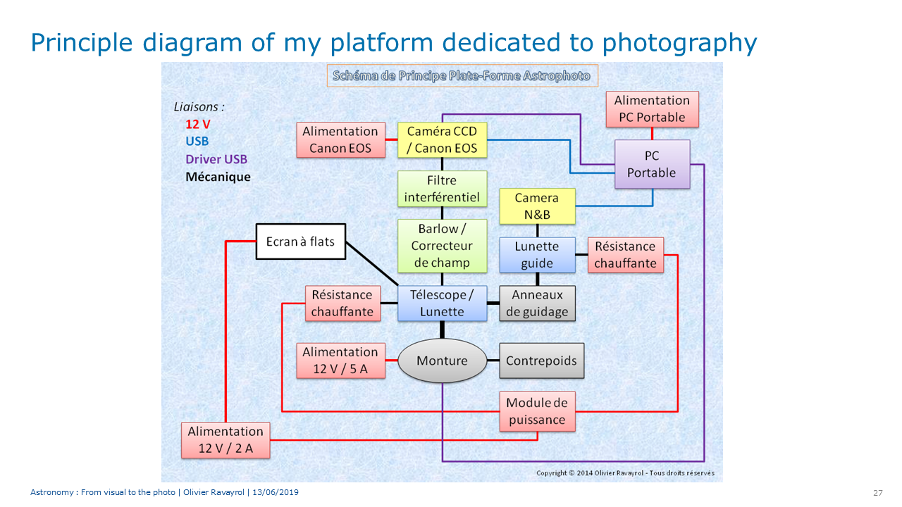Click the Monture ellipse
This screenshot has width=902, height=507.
point(442,361)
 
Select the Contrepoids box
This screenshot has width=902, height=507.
point(542,361)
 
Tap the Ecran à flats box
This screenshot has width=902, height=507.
point(301,242)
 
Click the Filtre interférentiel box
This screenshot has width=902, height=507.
point(442,189)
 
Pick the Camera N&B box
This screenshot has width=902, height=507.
point(537,206)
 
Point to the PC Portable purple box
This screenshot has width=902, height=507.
point(652,164)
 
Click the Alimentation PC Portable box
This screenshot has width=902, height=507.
point(652,109)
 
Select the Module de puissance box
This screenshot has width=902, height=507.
point(537,411)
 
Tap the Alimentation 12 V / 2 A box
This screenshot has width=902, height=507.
point(225,440)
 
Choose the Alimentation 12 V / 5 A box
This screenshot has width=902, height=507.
point(340,361)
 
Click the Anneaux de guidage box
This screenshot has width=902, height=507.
point(537,303)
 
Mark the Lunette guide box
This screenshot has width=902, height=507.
point(537,255)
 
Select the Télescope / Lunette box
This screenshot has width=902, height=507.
point(442,303)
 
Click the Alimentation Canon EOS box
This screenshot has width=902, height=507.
point(340,139)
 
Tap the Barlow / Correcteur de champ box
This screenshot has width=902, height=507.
point(442,246)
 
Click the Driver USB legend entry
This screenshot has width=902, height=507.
point(216,159)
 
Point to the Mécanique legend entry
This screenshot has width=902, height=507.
point(218,177)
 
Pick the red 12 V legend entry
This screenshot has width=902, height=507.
point(198,125)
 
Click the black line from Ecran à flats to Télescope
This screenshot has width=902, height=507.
point(372,263)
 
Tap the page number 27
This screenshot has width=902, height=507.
point(878,493)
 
